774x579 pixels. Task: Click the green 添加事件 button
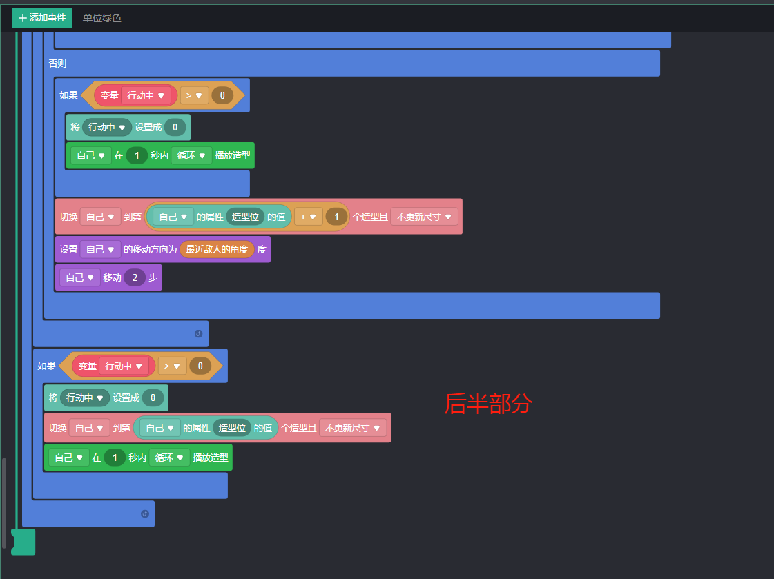point(41,18)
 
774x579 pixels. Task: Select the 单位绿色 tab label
point(102,18)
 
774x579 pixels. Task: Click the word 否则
point(57,63)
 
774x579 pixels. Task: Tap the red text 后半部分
point(487,404)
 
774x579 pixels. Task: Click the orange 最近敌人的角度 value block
point(217,249)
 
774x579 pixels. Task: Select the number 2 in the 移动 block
point(135,277)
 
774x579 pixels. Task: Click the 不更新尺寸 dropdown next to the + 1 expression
point(424,217)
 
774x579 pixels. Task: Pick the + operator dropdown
point(308,217)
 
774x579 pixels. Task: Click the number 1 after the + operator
point(336,217)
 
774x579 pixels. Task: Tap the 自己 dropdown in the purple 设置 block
point(100,249)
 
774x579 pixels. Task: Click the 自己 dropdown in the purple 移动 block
point(79,277)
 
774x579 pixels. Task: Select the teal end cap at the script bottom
point(23,541)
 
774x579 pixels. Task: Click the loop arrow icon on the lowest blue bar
point(144,513)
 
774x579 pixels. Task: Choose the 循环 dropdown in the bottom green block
point(168,458)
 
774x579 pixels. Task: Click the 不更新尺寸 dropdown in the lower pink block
point(352,428)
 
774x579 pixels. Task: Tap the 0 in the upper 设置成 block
point(175,127)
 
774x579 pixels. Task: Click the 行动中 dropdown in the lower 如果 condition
point(124,366)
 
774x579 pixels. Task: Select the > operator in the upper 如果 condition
point(194,95)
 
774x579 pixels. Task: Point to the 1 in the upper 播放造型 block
point(137,156)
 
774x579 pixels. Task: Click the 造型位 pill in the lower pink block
point(232,428)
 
